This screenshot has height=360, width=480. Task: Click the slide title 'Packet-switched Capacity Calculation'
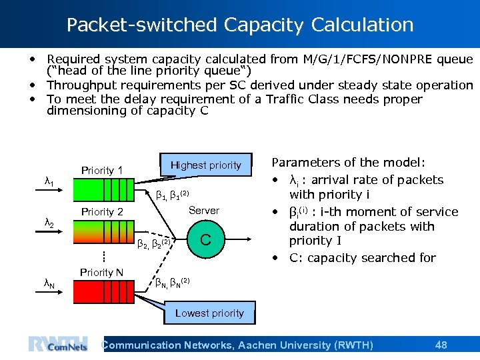click(x=240, y=25)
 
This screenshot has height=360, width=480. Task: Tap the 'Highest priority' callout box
click(x=206, y=165)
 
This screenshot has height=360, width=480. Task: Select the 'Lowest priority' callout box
click(x=209, y=313)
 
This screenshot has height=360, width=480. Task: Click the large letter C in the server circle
click(x=206, y=239)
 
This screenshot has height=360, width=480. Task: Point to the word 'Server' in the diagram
click(x=203, y=211)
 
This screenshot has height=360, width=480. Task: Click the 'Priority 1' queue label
click(x=102, y=171)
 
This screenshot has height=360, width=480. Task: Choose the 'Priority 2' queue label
click(x=102, y=212)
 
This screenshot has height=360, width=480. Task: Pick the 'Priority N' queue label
click(x=101, y=272)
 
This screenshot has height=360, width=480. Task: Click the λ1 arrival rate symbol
click(x=49, y=181)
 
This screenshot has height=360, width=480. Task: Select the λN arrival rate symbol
click(x=49, y=283)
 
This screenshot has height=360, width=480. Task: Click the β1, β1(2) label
click(x=172, y=195)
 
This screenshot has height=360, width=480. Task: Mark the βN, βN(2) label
click(x=172, y=283)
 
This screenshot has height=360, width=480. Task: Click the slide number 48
click(x=441, y=345)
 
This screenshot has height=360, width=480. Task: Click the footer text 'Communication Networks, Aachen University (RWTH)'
click(x=237, y=345)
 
